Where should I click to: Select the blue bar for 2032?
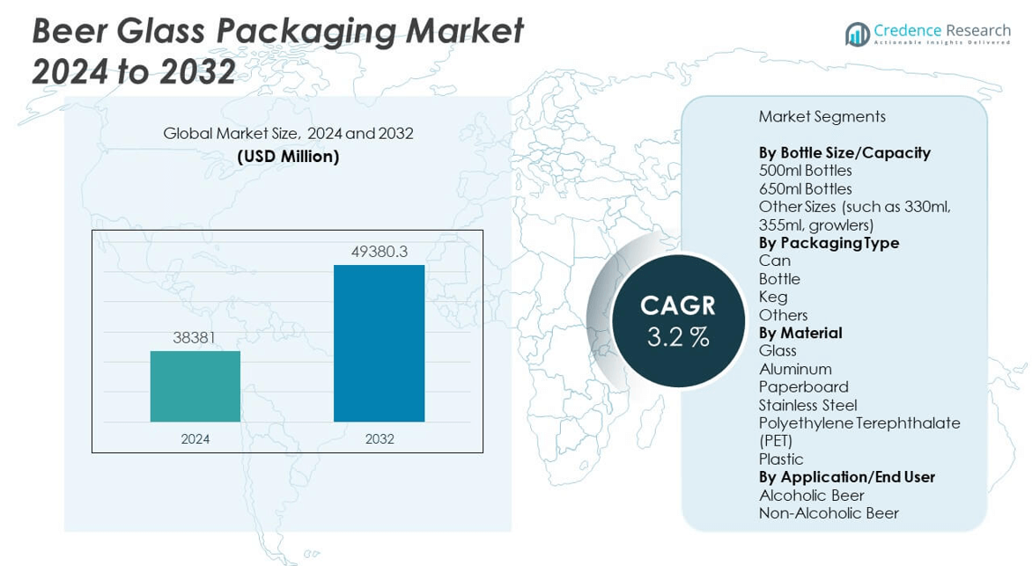click(379, 343)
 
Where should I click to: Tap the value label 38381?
click(195, 337)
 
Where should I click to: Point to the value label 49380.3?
click(379, 252)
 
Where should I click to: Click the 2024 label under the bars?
click(195, 438)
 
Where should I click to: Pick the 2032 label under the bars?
click(379, 438)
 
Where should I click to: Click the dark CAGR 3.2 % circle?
click(677, 320)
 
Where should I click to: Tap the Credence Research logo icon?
click(857, 34)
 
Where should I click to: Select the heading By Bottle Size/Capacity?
click(844, 152)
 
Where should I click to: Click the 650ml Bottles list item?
click(805, 188)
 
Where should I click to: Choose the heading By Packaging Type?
click(828, 243)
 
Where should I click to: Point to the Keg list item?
click(772, 297)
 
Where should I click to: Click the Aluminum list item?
click(794, 369)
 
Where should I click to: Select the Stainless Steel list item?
click(807, 405)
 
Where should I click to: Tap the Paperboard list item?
click(803, 386)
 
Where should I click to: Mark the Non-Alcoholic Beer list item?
click(828, 512)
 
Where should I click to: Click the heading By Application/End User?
click(846, 476)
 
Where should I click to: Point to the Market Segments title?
click(822, 116)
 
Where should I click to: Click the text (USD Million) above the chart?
click(288, 157)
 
